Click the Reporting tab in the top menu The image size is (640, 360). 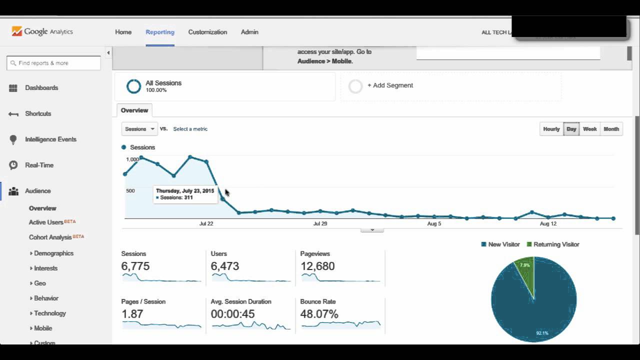[x=160, y=32]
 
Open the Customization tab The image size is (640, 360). [x=207, y=32]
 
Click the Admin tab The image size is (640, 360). [x=249, y=32]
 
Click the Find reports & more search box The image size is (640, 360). [x=53, y=63]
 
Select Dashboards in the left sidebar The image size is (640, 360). [x=41, y=88]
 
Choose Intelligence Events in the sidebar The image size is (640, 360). [x=50, y=139]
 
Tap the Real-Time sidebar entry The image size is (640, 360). [x=39, y=165]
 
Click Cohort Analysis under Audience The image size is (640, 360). [x=50, y=237]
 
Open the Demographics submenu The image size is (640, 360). [x=53, y=253]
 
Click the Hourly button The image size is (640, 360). [x=551, y=129]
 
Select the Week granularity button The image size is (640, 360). [x=589, y=129]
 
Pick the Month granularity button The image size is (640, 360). [x=611, y=129]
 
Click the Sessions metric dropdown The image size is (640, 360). [x=139, y=129]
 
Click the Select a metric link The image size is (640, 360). [x=190, y=129]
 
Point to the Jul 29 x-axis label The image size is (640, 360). [x=320, y=223]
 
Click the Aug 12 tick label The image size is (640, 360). [x=548, y=223]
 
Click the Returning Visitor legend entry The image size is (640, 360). [x=556, y=244]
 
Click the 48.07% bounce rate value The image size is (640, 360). [x=319, y=314]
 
